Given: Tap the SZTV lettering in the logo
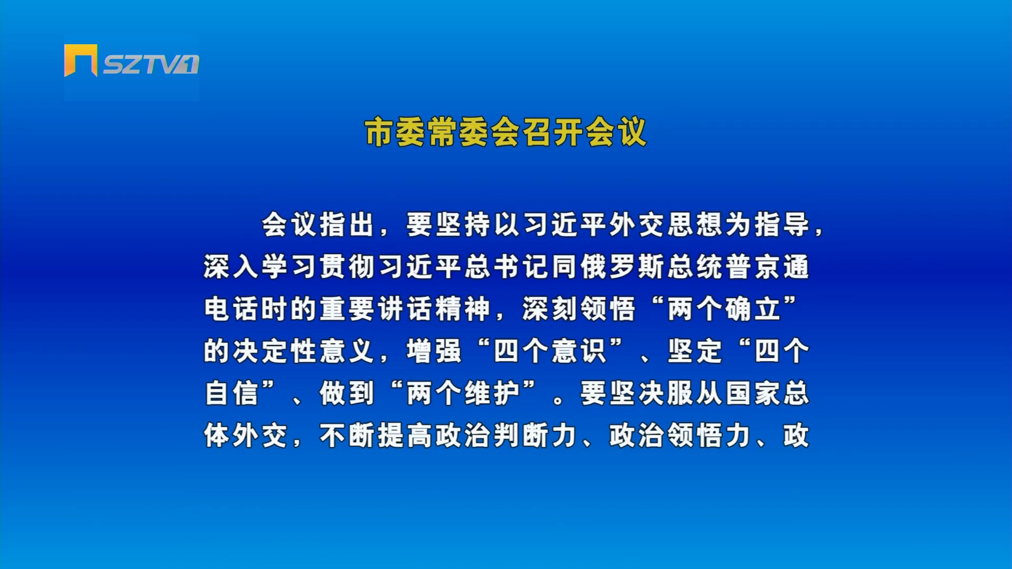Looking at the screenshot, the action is (x=151, y=64).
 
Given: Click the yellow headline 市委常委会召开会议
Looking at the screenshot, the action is (x=505, y=132).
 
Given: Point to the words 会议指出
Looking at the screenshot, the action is (x=318, y=225).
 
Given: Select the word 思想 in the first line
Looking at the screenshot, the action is (x=682, y=225).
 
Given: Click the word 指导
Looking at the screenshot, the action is (x=782, y=225).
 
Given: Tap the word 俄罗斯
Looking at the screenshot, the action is (x=624, y=267).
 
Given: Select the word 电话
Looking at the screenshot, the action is (x=231, y=309).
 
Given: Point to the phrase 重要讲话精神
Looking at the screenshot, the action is (x=405, y=309).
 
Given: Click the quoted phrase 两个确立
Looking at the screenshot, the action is (x=724, y=309).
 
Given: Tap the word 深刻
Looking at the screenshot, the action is (x=550, y=309).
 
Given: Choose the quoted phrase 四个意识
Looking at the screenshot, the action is (x=550, y=351).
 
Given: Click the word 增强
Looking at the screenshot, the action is (x=434, y=351).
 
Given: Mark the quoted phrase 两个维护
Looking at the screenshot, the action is (x=463, y=393).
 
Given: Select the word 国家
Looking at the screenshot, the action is (x=753, y=393).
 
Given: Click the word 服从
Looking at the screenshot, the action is (x=695, y=393).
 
